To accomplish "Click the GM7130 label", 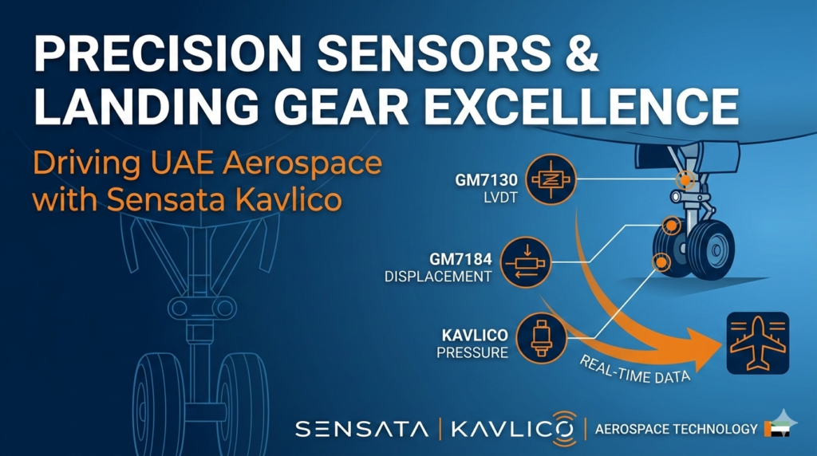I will [483, 181].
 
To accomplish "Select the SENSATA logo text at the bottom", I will [361, 429].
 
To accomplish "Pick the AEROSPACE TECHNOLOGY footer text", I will [676, 429].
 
